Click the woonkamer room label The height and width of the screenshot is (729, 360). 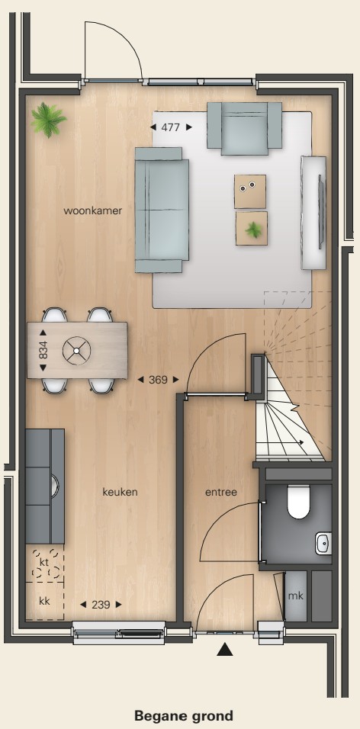92,210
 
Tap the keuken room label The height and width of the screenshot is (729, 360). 120,492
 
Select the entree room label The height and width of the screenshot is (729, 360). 221,492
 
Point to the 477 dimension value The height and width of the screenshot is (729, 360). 171,127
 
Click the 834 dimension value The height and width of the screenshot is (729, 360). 43,350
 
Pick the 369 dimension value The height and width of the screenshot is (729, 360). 158,380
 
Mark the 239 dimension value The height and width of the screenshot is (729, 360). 101,605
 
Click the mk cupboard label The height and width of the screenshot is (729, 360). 295,596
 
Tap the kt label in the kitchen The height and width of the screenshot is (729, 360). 44,563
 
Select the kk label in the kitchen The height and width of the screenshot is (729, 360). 44,601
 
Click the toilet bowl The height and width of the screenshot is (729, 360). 298,502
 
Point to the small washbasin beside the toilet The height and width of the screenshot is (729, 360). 323,544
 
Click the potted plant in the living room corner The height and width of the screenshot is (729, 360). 48,120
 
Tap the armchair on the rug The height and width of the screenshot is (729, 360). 244,128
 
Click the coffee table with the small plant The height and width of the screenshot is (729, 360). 252,228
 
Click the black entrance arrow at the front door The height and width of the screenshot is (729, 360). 225,649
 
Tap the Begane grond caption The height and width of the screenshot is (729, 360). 184,715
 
